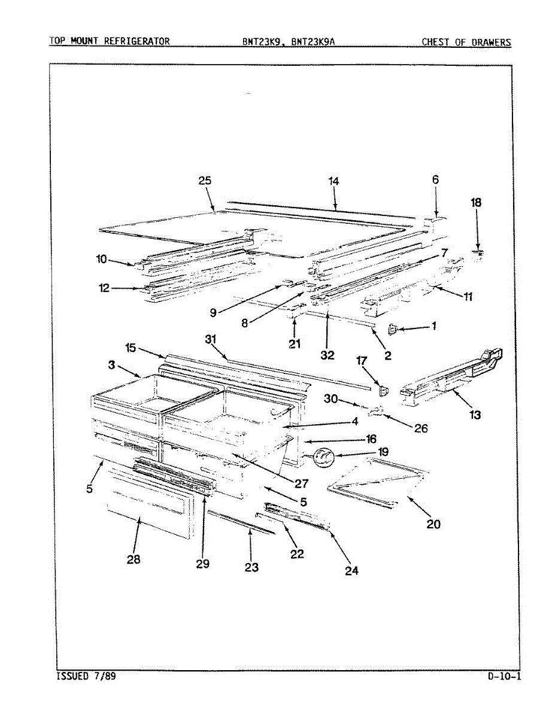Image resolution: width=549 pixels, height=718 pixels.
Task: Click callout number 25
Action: (x=205, y=181)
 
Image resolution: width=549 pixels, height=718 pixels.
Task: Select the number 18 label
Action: (x=476, y=202)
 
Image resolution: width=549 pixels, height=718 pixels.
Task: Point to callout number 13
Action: (x=475, y=414)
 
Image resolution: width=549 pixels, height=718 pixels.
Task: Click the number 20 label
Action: (x=433, y=524)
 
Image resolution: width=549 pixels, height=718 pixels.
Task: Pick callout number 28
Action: (x=134, y=559)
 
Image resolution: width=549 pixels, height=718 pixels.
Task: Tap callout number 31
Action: (x=210, y=339)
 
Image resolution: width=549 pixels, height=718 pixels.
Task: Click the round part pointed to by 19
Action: (x=324, y=457)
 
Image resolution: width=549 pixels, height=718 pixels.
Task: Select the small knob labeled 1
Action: (x=393, y=327)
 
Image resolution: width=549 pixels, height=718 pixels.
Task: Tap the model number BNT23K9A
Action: (x=317, y=42)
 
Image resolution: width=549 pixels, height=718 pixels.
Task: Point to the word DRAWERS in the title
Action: (x=490, y=42)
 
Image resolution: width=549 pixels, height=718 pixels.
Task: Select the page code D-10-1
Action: (x=504, y=677)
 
